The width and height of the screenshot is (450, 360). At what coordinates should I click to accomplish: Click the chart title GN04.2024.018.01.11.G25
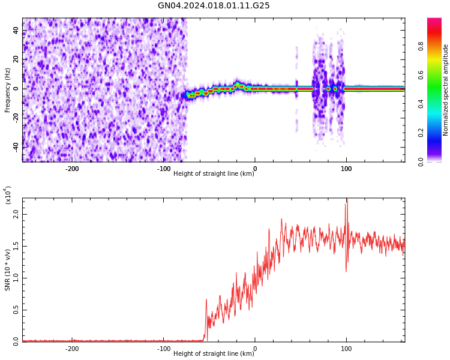coord(214,6)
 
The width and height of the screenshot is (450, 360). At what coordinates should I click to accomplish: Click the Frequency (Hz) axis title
coord(8,89)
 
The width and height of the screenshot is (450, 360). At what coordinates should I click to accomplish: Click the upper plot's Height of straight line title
coord(214,174)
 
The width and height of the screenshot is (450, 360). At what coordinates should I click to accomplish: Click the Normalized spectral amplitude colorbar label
coord(446,89)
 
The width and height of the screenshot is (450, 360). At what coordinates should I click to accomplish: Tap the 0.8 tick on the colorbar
coord(437,46)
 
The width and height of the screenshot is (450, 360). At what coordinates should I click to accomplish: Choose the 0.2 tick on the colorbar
coord(437,133)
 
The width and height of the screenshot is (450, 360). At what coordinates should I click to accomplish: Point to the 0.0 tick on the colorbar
coord(437,161)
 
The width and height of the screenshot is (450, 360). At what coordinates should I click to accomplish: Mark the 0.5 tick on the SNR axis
coord(16,310)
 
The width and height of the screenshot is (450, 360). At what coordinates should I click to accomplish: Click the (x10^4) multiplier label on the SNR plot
coord(8,196)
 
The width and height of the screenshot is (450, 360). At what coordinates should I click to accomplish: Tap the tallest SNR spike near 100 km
coord(347,200)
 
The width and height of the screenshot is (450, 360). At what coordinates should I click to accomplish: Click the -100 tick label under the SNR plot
coord(164,349)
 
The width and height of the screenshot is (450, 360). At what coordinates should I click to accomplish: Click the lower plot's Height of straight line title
coord(214,354)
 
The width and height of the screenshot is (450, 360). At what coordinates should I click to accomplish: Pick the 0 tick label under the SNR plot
coord(255,349)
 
